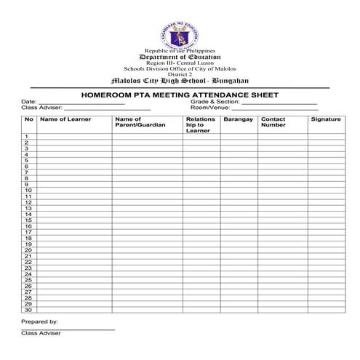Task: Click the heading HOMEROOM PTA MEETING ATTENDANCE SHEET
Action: (180, 95)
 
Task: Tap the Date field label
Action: (28, 102)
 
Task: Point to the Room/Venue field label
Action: (206, 108)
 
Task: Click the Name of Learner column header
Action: (65, 119)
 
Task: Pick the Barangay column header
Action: (238, 119)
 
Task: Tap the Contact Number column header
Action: (273, 122)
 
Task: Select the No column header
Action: (29, 119)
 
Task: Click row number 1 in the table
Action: (26, 137)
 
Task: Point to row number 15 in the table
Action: (28, 220)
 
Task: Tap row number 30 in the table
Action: (28, 310)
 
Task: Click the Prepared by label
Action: (39, 321)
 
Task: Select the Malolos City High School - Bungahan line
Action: (180, 81)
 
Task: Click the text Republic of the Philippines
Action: (180, 51)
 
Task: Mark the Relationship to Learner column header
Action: (200, 125)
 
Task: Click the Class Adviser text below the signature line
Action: (41, 333)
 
